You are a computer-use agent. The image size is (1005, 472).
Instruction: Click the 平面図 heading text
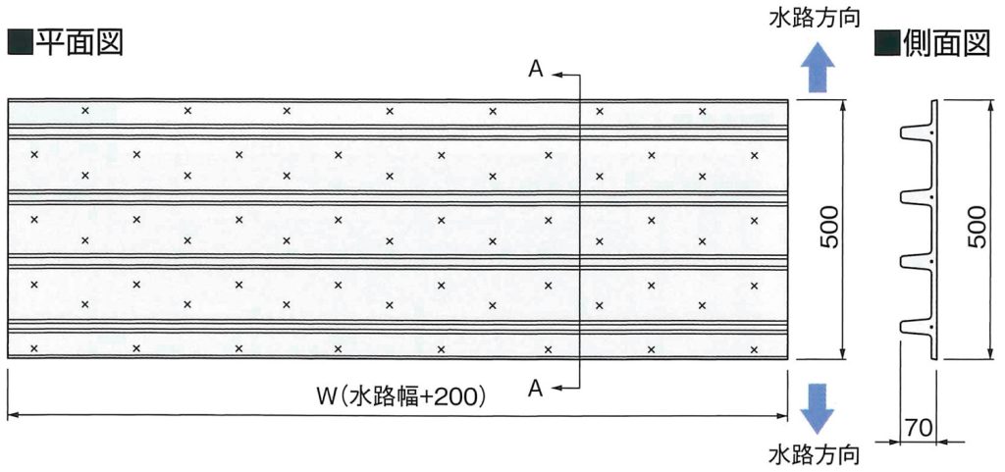click(79, 43)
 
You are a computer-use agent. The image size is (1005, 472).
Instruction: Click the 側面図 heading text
click(946, 43)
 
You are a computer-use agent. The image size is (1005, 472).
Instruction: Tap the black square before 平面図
click(20, 43)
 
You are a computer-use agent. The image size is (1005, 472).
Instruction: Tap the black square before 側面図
click(887, 43)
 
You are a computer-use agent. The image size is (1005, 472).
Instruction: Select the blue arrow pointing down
click(818, 407)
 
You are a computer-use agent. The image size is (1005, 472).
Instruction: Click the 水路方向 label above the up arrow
click(814, 20)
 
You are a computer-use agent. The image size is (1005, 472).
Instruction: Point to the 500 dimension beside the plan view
click(829, 229)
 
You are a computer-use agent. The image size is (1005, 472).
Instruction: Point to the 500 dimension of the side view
click(977, 228)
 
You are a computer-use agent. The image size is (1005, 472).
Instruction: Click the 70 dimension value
click(918, 426)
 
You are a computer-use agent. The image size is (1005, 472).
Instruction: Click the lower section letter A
click(536, 387)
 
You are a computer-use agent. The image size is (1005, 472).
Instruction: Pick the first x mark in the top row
click(85, 110)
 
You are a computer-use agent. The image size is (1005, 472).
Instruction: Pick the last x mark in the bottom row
click(755, 349)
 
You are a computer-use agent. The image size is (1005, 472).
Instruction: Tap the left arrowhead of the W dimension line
click(12, 416)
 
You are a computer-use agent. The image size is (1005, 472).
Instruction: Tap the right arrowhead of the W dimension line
click(782, 416)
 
